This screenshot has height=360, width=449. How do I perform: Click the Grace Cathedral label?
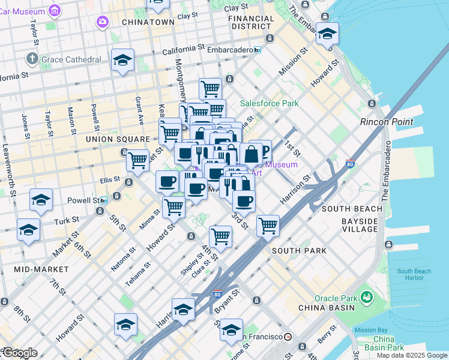pos(71,59)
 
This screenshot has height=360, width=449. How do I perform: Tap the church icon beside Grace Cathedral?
pos(32,59)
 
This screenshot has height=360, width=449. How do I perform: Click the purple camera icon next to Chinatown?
pos(103,22)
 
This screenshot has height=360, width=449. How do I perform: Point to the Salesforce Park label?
pos(270,103)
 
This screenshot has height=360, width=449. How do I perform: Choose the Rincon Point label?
pos(387,122)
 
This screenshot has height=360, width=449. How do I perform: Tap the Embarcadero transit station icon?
pos(258,50)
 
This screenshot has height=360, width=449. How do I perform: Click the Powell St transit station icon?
pos(104,200)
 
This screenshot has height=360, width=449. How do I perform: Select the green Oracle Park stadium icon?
pos(366,296)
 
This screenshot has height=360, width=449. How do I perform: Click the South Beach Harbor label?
pos(414,274)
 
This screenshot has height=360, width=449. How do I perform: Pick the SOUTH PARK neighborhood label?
pos(300,250)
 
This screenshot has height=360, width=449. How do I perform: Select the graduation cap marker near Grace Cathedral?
pos(123,60)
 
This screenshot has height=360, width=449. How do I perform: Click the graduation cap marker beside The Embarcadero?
pos(327,34)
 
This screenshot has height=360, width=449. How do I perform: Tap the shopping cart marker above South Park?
pos(267,226)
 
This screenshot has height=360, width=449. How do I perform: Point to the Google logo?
pos(19,353)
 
